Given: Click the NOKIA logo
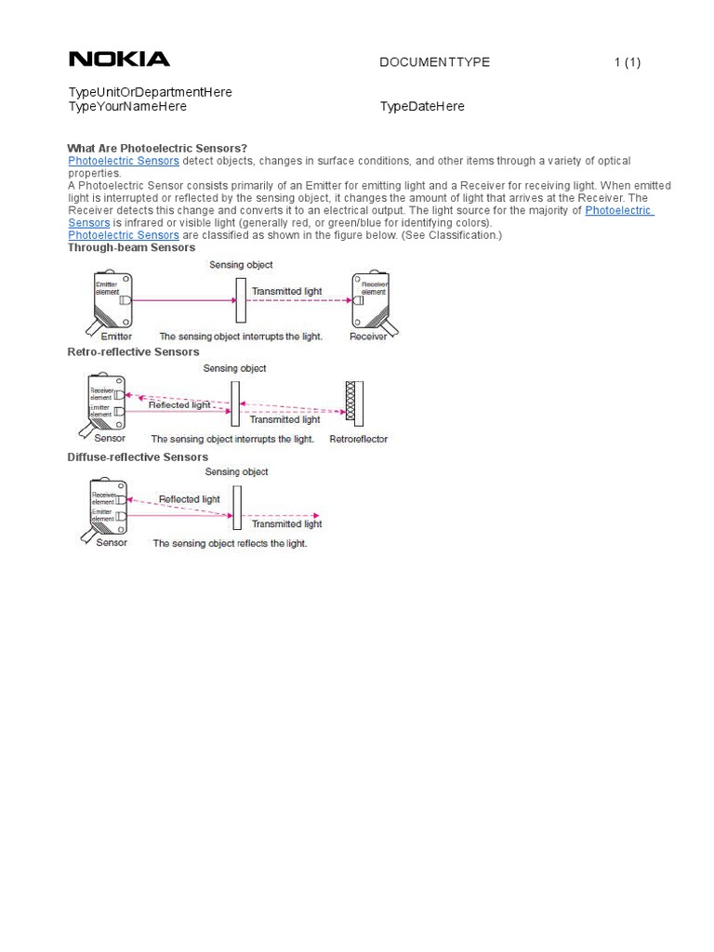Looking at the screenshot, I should tap(119, 59).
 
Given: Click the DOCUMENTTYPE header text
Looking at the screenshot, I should tap(434, 62).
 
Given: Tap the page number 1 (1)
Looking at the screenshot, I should tap(627, 62).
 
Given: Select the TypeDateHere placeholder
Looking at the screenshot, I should tap(422, 106).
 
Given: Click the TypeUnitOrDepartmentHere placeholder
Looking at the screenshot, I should tap(150, 92).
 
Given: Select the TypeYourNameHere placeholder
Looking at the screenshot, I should tap(127, 106).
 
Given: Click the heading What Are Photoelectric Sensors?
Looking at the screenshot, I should tap(157, 148).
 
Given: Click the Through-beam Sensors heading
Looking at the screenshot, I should tap(131, 247).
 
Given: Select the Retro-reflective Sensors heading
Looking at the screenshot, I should tap(133, 352).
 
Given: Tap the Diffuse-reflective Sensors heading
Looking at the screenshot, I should tap(138, 456).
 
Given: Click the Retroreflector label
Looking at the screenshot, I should tap(358, 439).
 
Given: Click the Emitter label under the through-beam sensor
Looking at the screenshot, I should tap(115, 337).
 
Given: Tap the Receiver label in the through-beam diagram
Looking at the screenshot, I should tap(368, 337).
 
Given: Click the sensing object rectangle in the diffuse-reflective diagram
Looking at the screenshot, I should tap(237, 507).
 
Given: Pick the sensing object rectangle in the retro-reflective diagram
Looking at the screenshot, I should tap(236, 403).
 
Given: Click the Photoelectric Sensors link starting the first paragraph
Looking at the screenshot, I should tap(124, 161).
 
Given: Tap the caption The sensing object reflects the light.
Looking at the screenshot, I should tap(230, 543).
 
